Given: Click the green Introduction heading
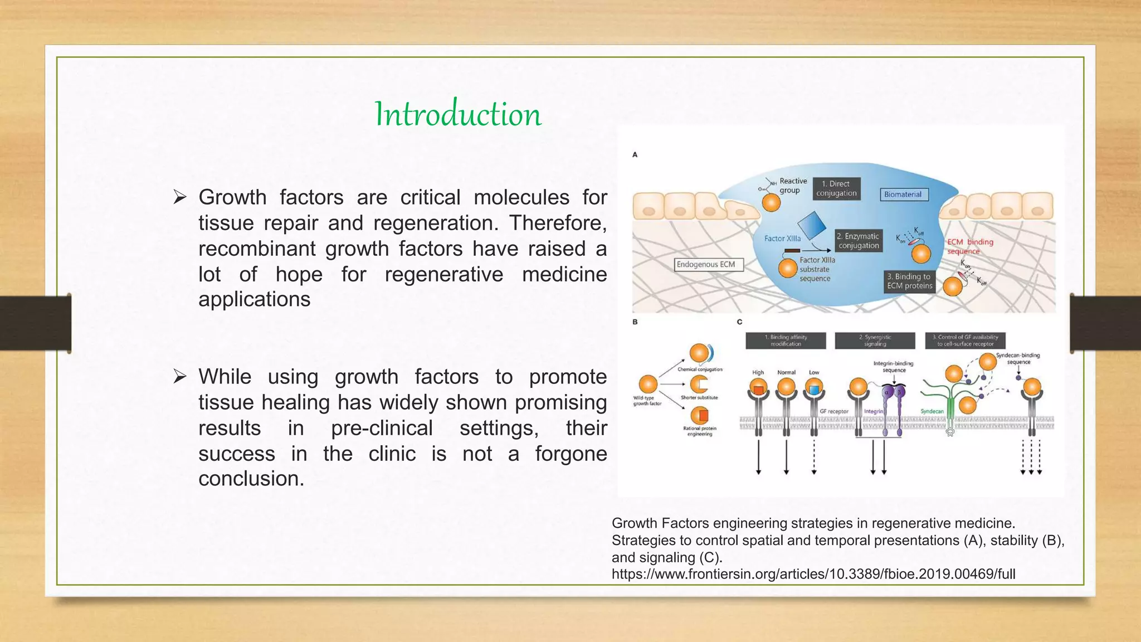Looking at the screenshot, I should click(x=458, y=114).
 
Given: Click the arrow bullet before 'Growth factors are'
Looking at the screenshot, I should click(x=179, y=197).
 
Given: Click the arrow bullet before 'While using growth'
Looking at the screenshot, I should click(x=179, y=377).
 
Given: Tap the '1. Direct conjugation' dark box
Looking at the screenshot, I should click(x=836, y=188).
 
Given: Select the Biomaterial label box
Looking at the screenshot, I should click(x=903, y=194).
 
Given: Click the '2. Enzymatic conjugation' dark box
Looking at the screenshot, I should click(x=859, y=241).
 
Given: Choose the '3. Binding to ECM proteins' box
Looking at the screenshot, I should click(x=909, y=281).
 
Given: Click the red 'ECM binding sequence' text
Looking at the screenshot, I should click(x=970, y=246).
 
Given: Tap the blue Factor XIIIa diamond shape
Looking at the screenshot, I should click(x=812, y=225).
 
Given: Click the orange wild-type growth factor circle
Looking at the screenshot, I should click(x=648, y=384).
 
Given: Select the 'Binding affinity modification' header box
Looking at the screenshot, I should click(x=786, y=341).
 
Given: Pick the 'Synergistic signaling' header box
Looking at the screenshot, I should click(x=875, y=341).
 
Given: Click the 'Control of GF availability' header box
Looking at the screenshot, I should click(x=965, y=341).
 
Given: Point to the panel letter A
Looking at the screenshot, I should click(x=635, y=155).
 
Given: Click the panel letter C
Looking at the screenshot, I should click(x=739, y=322).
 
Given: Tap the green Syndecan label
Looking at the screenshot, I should click(x=932, y=411).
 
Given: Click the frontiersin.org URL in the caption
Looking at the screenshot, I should click(x=813, y=574).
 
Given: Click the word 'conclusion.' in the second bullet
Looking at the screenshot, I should click(x=251, y=479).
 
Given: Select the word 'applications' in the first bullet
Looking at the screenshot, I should click(x=254, y=299).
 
